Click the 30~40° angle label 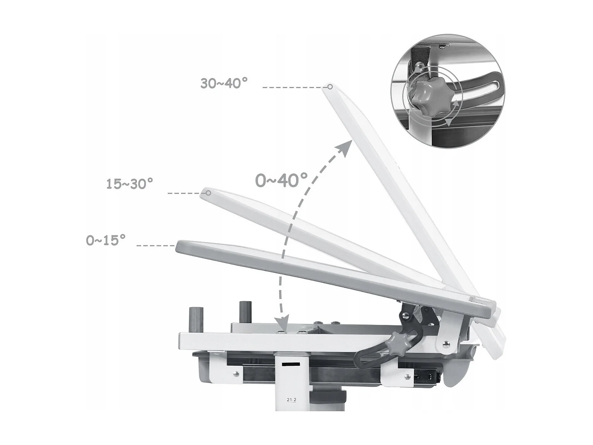(224, 83)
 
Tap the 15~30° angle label (130, 184)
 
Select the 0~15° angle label (105, 240)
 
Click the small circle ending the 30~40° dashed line (330, 87)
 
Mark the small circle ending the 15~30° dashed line (208, 193)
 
